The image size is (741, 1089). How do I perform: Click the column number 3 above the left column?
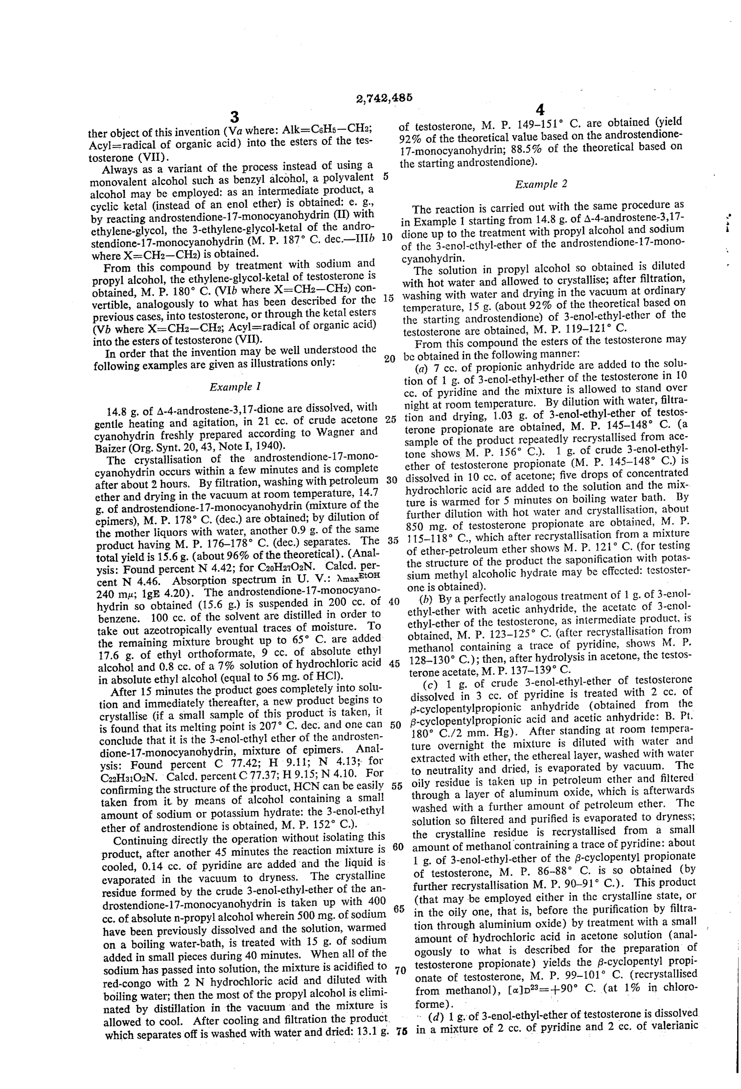[234, 116]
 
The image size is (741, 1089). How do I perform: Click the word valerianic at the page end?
[673, 1027]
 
